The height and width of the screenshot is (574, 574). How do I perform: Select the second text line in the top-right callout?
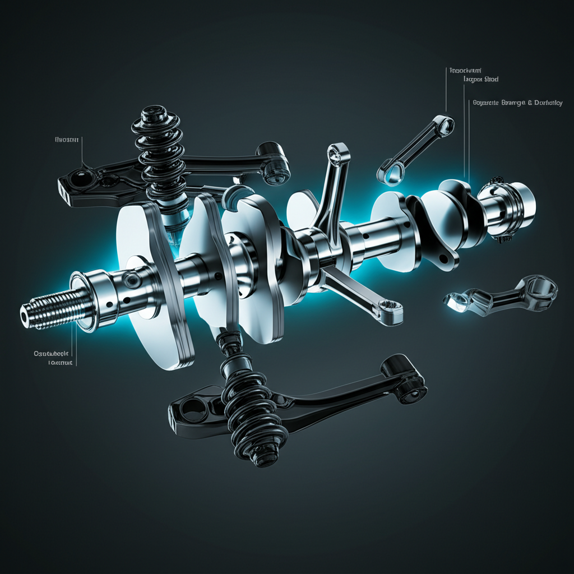pyautogui.click(x=481, y=80)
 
